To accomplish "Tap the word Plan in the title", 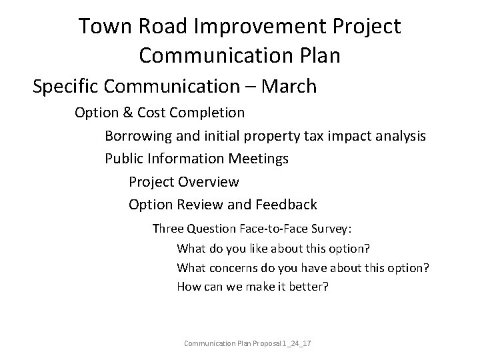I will point(317,55).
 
